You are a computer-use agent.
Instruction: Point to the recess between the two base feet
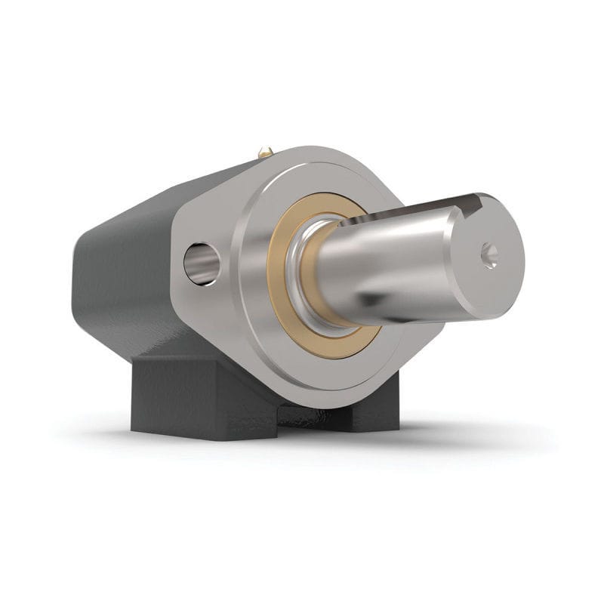pos(302,415)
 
